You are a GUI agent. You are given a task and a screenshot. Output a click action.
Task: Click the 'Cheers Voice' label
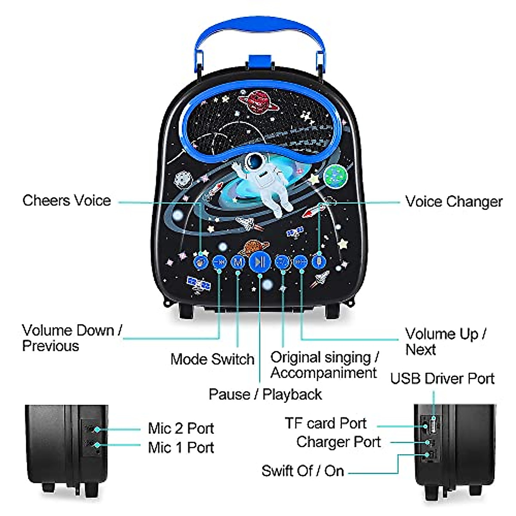pyautogui.click(x=67, y=200)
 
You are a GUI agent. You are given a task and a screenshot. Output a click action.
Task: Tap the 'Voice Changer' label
pyautogui.click(x=454, y=201)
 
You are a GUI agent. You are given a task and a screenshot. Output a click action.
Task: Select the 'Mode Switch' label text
pyautogui.click(x=212, y=359)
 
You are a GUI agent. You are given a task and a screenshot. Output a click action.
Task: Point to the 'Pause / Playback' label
pyautogui.click(x=265, y=394)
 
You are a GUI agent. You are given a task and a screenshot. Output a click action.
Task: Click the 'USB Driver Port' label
pyautogui.click(x=442, y=378)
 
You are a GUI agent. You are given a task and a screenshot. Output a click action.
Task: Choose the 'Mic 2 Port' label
pyautogui.click(x=181, y=428)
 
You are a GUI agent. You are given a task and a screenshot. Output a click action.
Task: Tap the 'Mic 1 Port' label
pyautogui.click(x=181, y=448)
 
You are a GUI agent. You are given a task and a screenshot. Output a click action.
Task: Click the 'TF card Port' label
pyautogui.click(x=326, y=423)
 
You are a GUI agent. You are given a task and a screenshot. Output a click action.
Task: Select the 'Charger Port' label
pyautogui.click(x=338, y=442)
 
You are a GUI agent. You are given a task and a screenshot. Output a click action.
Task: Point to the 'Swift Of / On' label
pyautogui.click(x=303, y=470)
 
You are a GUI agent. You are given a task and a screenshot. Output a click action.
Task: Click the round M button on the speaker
pyautogui.click(x=238, y=261)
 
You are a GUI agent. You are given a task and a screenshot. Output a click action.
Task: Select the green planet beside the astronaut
pyautogui.click(x=335, y=177)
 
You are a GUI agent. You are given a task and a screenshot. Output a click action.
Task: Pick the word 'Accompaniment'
pyautogui.click(x=323, y=373)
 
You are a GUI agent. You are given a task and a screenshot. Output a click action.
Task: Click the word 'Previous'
pyautogui.click(x=51, y=346)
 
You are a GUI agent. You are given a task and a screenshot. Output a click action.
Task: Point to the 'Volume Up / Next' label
pyautogui.click(x=445, y=341)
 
